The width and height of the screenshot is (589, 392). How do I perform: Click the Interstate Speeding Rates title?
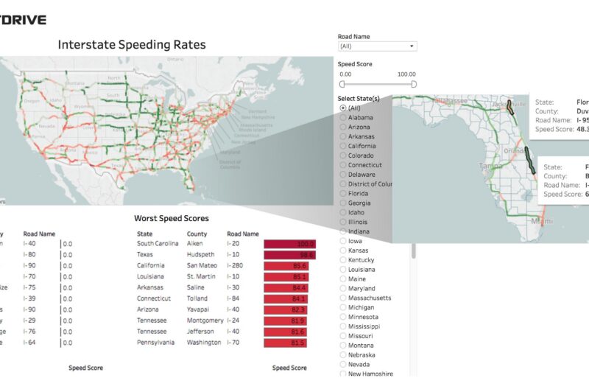click(x=132, y=45)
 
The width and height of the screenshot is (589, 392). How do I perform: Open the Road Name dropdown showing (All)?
click(x=377, y=46)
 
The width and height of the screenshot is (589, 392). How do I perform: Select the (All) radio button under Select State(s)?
click(x=343, y=108)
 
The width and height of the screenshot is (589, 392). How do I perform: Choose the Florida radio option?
click(x=343, y=194)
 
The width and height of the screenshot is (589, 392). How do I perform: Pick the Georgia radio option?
click(x=343, y=203)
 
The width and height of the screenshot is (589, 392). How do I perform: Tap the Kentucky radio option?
click(x=343, y=260)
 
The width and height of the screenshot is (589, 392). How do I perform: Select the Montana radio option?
click(x=343, y=346)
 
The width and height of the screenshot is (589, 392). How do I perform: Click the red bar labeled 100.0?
click(x=290, y=244)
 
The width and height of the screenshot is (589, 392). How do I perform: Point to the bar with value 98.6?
click(x=289, y=255)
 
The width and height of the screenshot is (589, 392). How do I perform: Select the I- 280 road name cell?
click(x=239, y=266)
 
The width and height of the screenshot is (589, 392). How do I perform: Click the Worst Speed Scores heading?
click(x=171, y=218)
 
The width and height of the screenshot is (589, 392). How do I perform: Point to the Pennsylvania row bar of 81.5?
click(x=285, y=343)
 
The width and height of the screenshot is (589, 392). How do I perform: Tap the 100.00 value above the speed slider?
click(x=406, y=74)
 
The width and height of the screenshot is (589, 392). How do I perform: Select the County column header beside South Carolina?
click(x=197, y=234)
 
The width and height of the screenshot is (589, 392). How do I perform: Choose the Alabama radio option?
click(x=343, y=118)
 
